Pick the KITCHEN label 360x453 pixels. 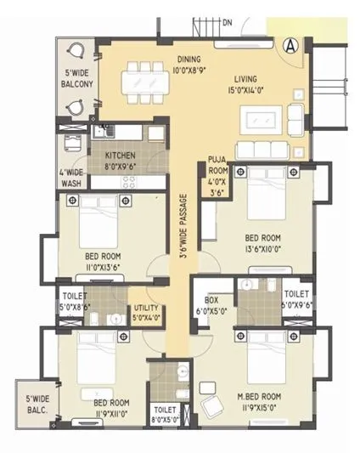121,161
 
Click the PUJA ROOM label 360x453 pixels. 218,181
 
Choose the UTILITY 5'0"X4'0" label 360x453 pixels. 145,314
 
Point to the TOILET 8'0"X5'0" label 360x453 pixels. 165,414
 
